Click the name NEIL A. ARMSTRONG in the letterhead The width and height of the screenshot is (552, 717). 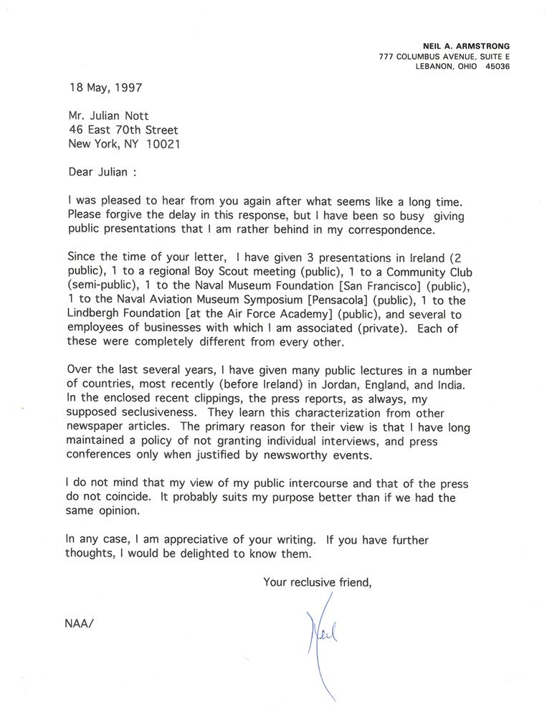[x=467, y=46]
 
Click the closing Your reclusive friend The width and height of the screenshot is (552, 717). [x=318, y=582]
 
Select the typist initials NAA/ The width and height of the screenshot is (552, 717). [x=79, y=621]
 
